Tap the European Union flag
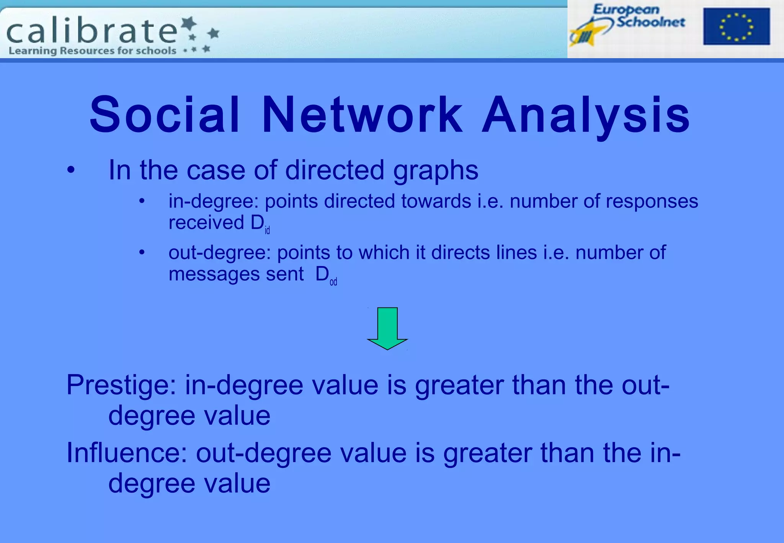click(x=736, y=26)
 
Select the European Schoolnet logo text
click(x=639, y=16)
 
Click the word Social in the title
click(x=165, y=114)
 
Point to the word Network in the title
click(x=362, y=114)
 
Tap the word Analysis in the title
click(x=586, y=115)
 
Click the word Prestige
click(x=121, y=385)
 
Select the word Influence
click(x=126, y=453)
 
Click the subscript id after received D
click(x=267, y=230)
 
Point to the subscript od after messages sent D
click(x=333, y=282)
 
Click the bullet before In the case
click(x=71, y=170)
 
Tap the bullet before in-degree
click(x=142, y=201)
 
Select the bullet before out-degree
click(x=142, y=252)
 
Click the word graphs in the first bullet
click(x=435, y=171)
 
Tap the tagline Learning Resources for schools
click(x=92, y=51)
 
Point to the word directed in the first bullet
click(x=334, y=170)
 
